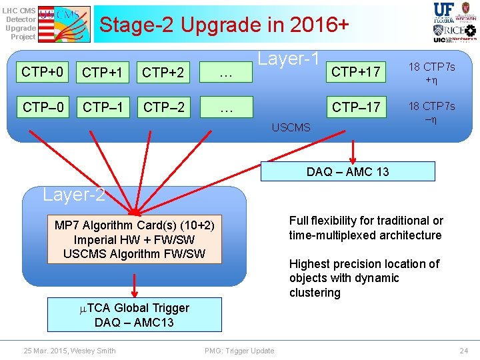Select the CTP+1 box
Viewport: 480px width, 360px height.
tap(102, 72)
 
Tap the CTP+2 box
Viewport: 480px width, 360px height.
tap(162, 72)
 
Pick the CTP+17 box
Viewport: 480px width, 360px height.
tap(355, 72)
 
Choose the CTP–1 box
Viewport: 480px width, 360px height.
tap(102, 106)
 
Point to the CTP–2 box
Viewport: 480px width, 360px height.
tap(162, 106)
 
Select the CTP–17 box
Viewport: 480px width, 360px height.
tap(355, 106)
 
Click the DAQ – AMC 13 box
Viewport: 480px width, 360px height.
tap(347, 171)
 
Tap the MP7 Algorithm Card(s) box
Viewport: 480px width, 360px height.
tap(135, 239)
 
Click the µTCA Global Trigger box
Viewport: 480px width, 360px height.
tap(135, 315)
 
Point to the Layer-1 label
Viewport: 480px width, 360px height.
tap(289, 59)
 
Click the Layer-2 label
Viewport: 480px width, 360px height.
tap(73, 195)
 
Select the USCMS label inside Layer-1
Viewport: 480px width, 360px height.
tap(291, 127)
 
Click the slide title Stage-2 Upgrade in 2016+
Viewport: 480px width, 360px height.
tap(223, 25)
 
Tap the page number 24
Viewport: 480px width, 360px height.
tap(464, 351)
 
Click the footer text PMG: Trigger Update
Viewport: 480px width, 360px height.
tap(239, 351)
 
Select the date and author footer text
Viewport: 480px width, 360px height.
tap(69, 351)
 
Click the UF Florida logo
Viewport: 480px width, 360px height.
tap(444, 12)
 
